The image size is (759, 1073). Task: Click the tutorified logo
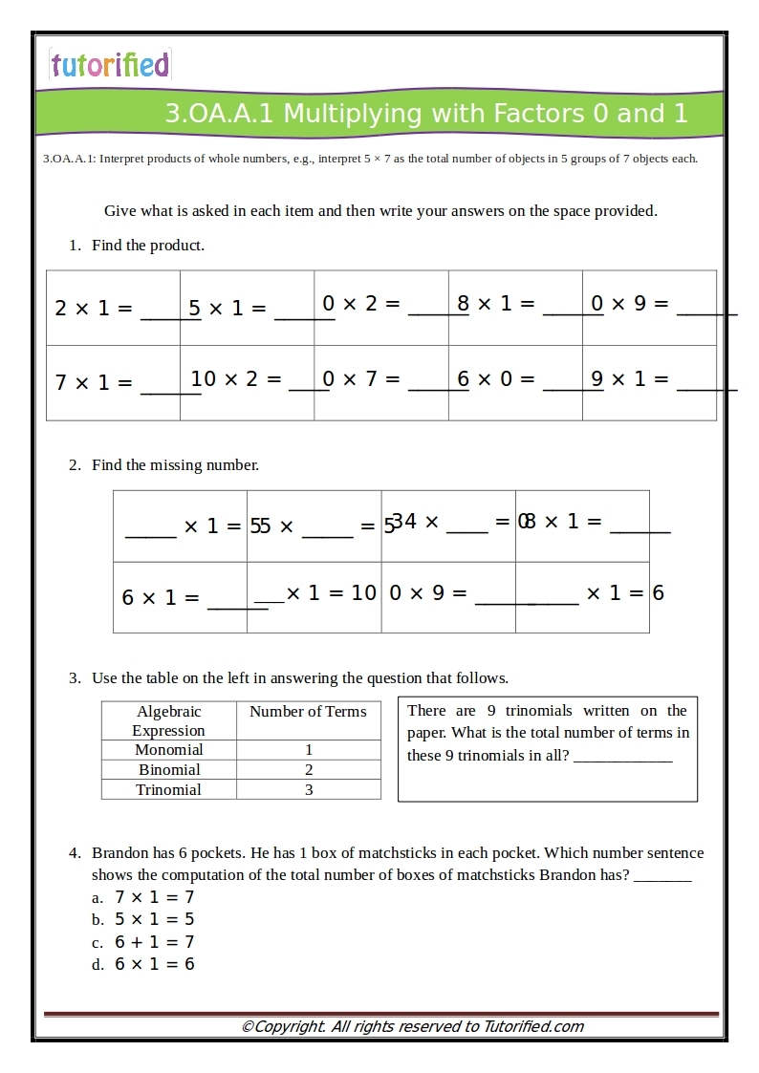(x=109, y=64)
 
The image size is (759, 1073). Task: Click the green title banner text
(x=425, y=114)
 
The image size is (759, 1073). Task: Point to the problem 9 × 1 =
(x=630, y=379)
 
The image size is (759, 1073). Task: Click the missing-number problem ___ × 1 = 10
(x=315, y=593)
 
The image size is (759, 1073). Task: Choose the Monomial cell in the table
(x=168, y=750)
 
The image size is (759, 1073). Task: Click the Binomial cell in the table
(x=168, y=770)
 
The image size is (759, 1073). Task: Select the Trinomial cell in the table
(x=168, y=790)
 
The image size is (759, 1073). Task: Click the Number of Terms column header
(x=308, y=712)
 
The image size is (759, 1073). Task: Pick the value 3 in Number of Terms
(x=308, y=790)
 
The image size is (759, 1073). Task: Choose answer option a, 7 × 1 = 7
(x=154, y=897)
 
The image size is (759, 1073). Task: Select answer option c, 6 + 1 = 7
(x=154, y=942)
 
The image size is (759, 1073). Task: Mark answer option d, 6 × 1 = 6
(x=154, y=964)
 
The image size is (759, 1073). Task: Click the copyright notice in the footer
(x=412, y=1027)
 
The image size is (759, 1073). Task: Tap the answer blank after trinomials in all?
(x=622, y=756)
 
